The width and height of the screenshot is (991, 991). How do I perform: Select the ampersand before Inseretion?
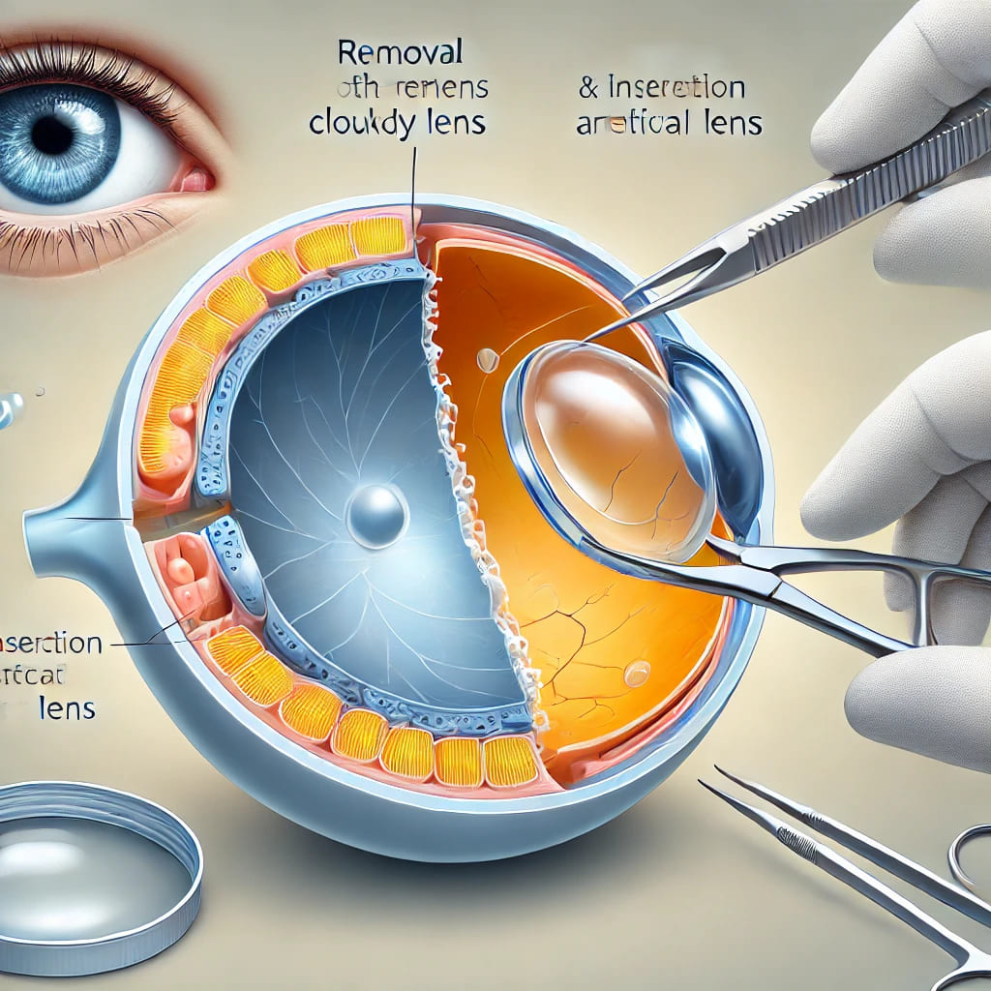pyautogui.click(x=588, y=89)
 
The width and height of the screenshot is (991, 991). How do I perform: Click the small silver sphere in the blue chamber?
pyautogui.click(x=376, y=515)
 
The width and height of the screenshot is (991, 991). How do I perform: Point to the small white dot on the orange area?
pyautogui.click(x=488, y=360)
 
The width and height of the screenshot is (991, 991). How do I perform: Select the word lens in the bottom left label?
pyautogui.click(x=67, y=707)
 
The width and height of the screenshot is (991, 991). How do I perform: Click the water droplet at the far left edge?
pyautogui.click(x=10, y=407)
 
